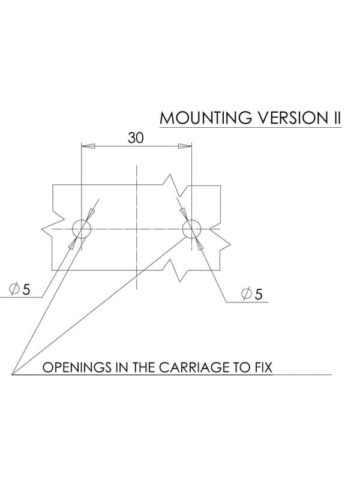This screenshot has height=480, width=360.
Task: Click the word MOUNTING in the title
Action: pyautogui.click(x=206, y=118)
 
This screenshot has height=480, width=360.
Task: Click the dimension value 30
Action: pyautogui.click(x=136, y=138)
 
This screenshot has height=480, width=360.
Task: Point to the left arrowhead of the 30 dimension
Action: pyautogui.click(x=88, y=146)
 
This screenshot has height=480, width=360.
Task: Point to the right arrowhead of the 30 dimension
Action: pyautogui.click(x=185, y=146)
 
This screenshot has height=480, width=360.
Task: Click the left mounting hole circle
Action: pyautogui.click(x=82, y=220)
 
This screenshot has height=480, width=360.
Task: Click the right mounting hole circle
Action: pyautogui.click(x=191, y=220)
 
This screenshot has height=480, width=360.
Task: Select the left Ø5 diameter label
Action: pyautogui.click(x=20, y=289)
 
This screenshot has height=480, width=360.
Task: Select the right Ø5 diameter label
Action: pyautogui.click(x=252, y=294)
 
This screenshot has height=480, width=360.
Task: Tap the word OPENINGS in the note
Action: pyautogui.click(x=77, y=367)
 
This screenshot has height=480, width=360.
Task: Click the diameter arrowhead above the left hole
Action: pyautogui.click(x=91, y=214)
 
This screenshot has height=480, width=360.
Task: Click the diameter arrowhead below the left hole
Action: pyautogui.click(x=73, y=244)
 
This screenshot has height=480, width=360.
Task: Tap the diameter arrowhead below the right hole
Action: pyautogui.click(x=200, y=244)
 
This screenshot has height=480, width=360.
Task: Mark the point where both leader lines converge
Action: pyautogui.click(x=11, y=374)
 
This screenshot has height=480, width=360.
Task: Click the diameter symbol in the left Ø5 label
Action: pyautogui.click(x=14, y=289)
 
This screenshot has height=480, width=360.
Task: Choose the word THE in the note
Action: pyautogui.click(x=143, y=367)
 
